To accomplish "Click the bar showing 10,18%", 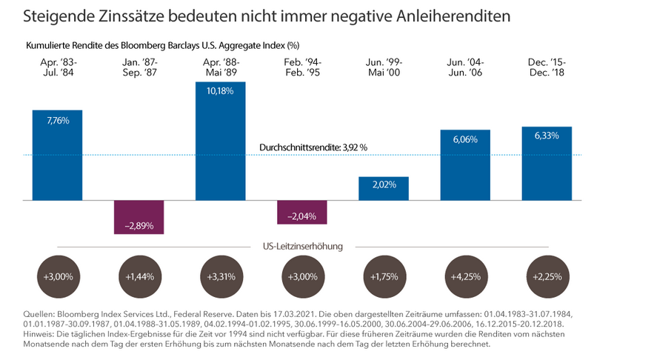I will point(220,141).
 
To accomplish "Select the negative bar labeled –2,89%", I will point(139,217).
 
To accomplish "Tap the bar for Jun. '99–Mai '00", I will point(383,188).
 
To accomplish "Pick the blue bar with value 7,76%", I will point(57,155).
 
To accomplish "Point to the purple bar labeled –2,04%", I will point(301,212).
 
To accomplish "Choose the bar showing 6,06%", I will point(464,165).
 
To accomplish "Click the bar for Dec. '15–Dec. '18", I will point(547,163).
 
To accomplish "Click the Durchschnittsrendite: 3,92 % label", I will point(313,148).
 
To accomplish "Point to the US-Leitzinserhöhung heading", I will point(303,246).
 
